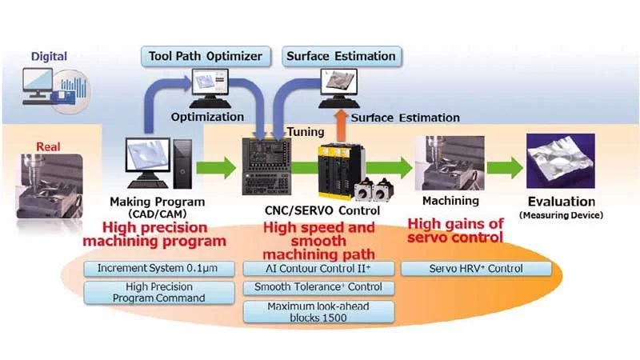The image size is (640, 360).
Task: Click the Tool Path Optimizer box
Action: [x=206, y=56]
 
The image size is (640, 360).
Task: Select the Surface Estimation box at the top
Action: [x=342, y=56]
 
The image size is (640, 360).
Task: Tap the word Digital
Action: [x=49, y=57]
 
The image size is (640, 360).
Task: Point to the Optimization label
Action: [x=207, y=117]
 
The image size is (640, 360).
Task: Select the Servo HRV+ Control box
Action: [x=476, y=268]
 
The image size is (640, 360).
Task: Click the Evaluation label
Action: [x=561, y=202]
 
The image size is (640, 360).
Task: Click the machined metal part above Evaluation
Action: [x=561, y=160]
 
